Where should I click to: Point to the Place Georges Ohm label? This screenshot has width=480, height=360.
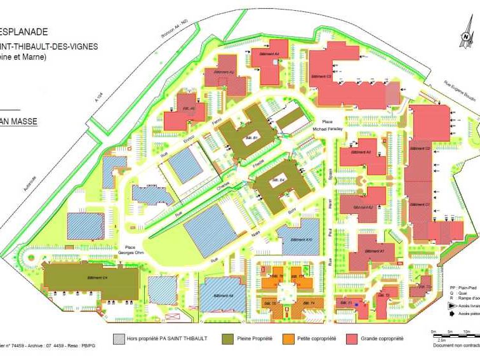[x=130, y=250]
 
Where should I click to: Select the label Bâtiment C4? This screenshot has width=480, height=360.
[x=97, y=277]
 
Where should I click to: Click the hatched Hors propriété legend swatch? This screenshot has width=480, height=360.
[x=118, y=338]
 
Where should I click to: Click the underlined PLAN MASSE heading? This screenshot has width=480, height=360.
[x=19, y=121]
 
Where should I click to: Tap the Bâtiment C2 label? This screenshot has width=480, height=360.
[x=420, y=148]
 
